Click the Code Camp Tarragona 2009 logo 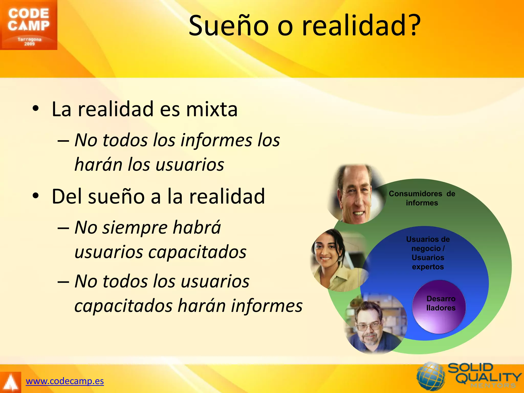(28, 25)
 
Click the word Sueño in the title (228, 26)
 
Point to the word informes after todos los (216, 140)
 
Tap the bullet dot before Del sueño (36, 196)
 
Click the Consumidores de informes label (422, 198)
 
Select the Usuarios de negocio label (428, 253)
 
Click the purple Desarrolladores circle (439, 307)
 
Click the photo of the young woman (338, 260)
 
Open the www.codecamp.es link (65, 381)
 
